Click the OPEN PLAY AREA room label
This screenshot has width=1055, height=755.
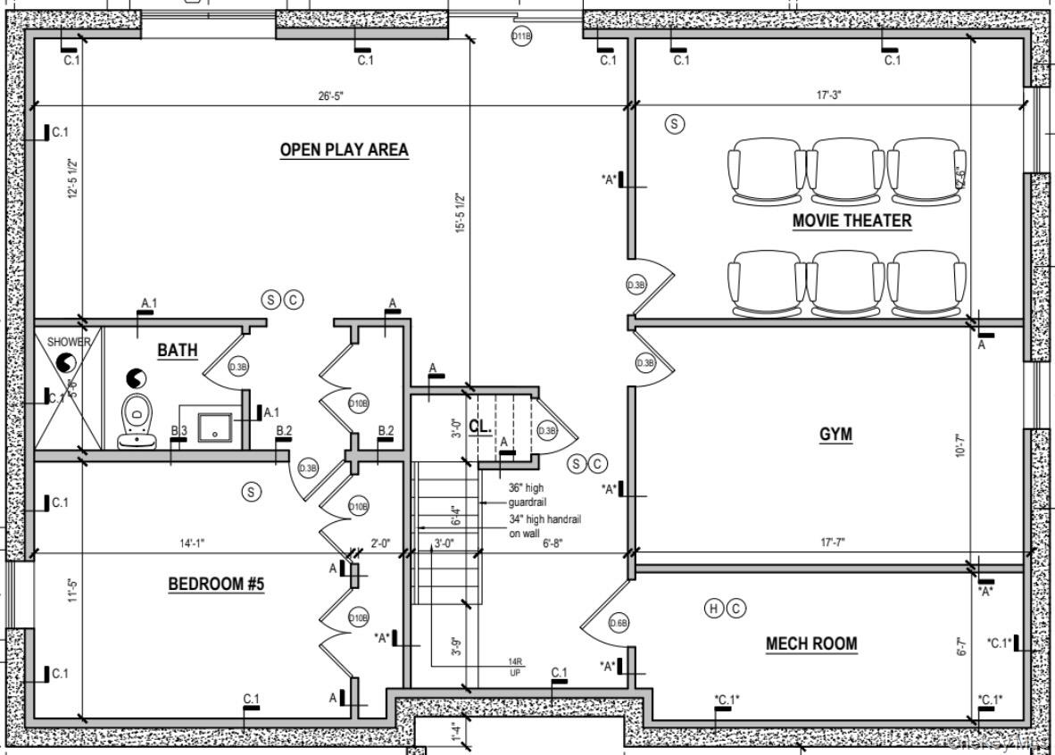click(344, 150)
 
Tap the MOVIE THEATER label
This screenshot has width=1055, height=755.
click(851, 220)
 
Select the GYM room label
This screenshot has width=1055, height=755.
click(835, 435)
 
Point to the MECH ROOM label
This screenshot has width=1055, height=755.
click(810, 643)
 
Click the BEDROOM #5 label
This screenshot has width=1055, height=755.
click(217, 585)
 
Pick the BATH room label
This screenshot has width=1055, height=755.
click(178, 351)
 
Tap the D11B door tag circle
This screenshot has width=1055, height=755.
click(521, 36)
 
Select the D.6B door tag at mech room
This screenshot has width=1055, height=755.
click(619, 623)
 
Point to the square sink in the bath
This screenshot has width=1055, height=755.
click(214, 429)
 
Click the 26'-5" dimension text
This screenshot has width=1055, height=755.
click(330, 96)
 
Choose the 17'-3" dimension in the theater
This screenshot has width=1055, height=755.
click(827, 95)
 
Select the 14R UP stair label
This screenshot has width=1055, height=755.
click(515, 667)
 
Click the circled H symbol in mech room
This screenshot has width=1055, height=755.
click(713, 609)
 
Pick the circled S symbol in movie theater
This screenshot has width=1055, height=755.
click(675, 124)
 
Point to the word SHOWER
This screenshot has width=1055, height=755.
click(69, 342)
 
